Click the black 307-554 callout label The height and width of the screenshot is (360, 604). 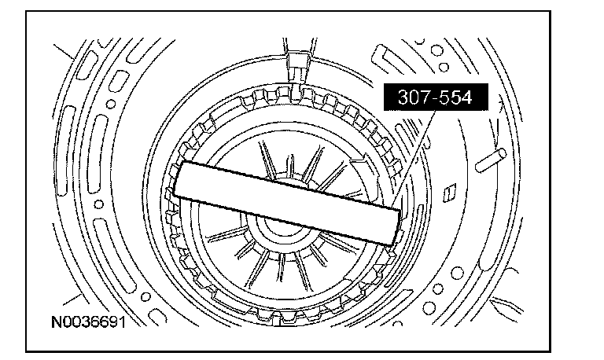[x=436, y=97]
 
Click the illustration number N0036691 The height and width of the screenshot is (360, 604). [x=89, y=322]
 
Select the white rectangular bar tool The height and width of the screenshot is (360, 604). [x=287, y=203]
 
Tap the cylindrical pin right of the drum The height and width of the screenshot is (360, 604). [x=491, y=160]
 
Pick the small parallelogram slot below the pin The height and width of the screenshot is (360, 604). [x=449, y=193]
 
